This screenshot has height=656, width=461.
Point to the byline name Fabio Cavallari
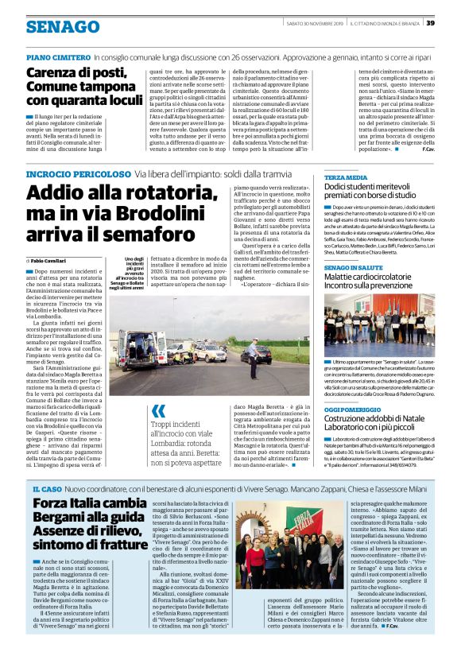[x=49, y=261]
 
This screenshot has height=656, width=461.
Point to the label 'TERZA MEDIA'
[x=345, y=177]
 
